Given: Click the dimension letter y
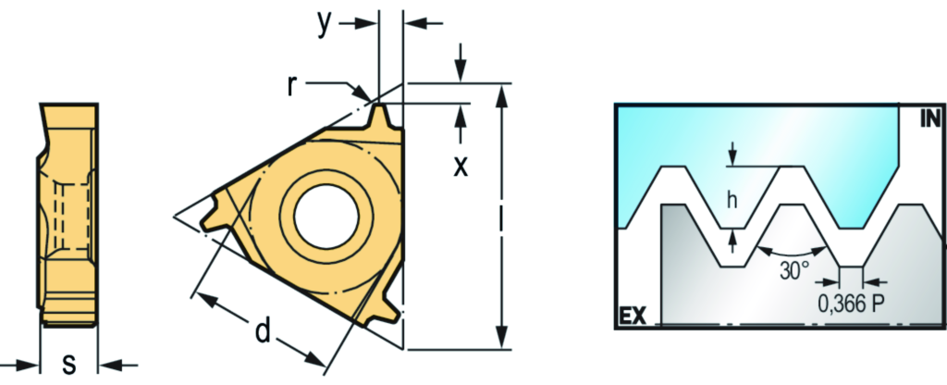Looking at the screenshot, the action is coord(325,24).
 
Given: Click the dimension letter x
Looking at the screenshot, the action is coord(461,166).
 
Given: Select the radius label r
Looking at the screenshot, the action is coord(292,86).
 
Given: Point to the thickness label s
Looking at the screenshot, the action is coord(69,365).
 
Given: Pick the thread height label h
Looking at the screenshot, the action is coord(732,200).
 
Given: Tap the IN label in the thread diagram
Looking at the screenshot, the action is coord(930,119).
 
